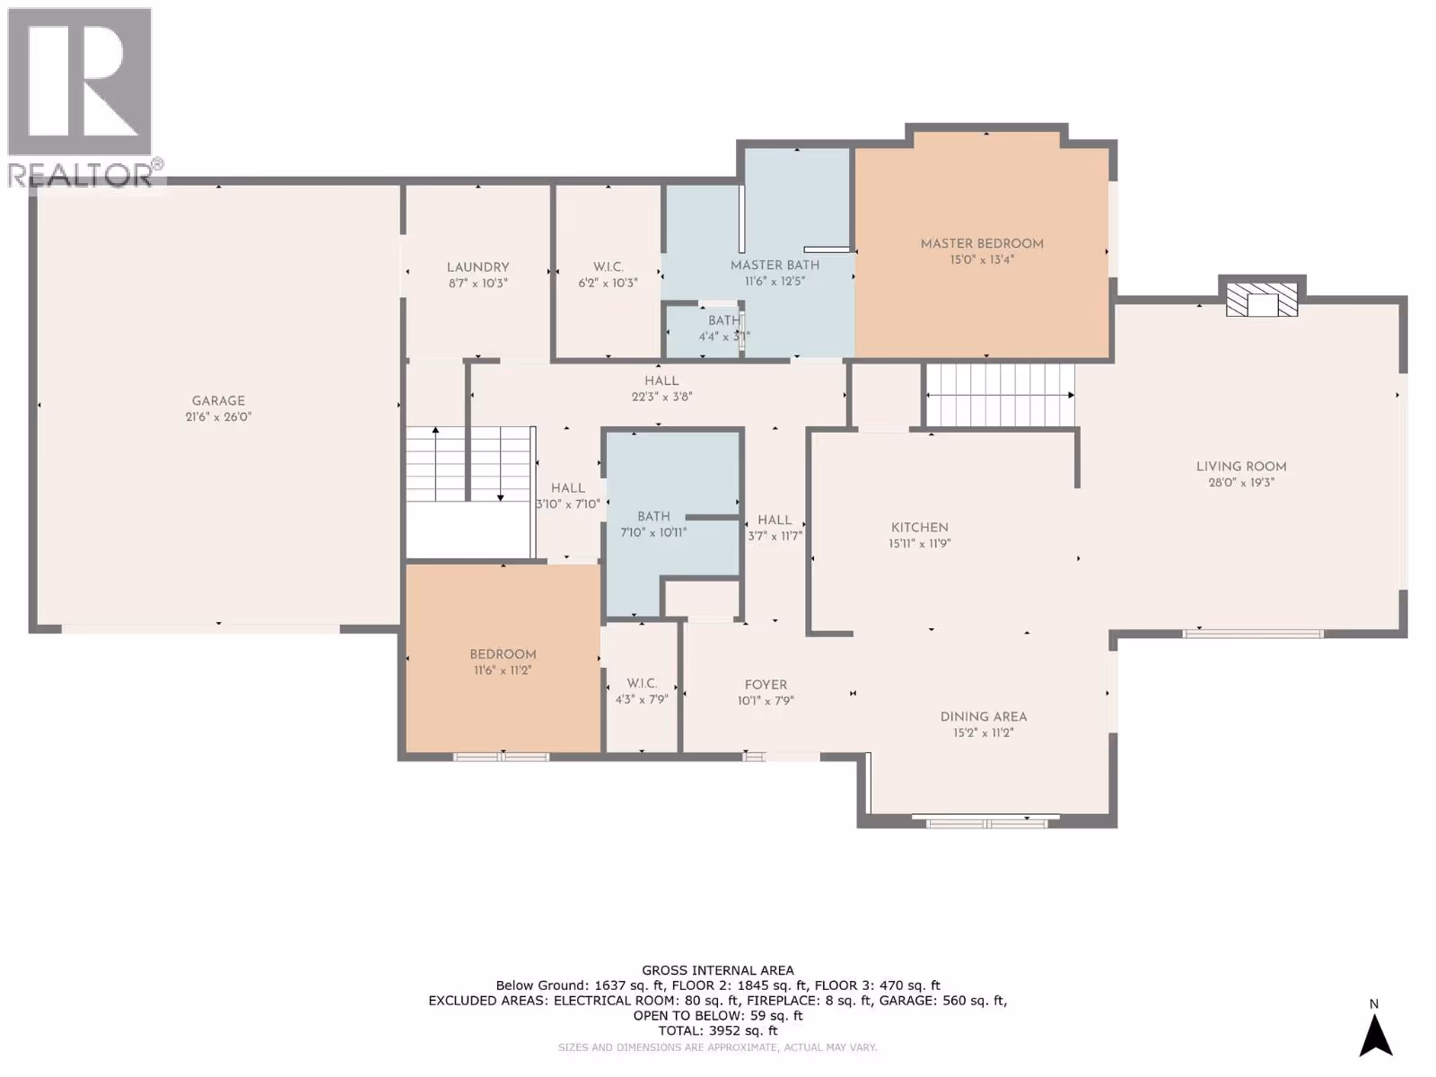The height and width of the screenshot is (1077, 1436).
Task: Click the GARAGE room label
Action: click(218, 401)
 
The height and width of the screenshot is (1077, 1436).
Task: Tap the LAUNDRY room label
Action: click(477, 267)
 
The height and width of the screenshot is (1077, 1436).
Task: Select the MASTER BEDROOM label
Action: click(981, 243)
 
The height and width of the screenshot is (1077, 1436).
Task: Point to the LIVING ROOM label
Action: click(1241, 466)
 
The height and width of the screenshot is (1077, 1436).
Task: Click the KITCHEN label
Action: click(919, 527)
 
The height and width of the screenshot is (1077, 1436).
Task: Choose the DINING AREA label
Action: click(984, 717)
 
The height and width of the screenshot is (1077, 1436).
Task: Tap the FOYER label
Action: click(766, 685)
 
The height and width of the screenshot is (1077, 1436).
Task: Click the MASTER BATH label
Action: click(775, 265)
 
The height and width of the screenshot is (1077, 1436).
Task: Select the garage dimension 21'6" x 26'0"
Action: click(218, 416)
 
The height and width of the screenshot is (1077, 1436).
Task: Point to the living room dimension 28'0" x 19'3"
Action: click(1241, 483)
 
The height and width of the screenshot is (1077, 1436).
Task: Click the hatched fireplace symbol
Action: click(1261, 300)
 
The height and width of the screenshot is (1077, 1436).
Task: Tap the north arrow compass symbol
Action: click(1375, 1035)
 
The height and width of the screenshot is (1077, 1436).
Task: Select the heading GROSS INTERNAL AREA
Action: click(718, 970)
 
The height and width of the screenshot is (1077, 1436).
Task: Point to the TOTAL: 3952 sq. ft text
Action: click(718, 1030)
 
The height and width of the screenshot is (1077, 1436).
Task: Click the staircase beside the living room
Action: click(1000, 395)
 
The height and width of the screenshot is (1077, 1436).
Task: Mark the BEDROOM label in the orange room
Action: click(503, 654)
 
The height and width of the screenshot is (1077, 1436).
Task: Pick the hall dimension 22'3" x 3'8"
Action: click(661, 397)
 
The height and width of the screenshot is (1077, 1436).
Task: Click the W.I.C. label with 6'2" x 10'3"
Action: click(608, 267)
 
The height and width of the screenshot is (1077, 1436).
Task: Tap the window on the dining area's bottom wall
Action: click(986, 822)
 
